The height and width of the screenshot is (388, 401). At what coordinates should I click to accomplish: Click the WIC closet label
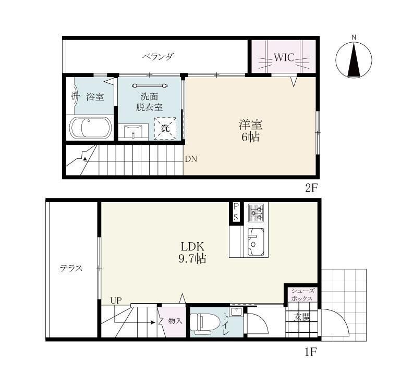tap(284, 57)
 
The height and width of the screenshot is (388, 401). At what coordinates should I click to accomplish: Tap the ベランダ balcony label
tap(159, 56)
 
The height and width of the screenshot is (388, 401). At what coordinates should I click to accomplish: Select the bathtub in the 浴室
tap(91, 128)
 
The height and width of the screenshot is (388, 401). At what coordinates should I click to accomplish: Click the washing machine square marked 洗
tap(165, 128)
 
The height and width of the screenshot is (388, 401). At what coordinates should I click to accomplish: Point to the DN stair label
tap(191, 159)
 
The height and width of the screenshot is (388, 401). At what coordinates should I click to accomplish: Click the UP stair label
tap(116, 301)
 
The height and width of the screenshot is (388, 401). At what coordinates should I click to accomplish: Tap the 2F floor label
tap(311, 188)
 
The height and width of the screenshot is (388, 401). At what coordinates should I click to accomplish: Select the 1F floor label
tap(311, 353)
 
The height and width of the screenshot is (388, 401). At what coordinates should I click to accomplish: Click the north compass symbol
tap(354, 59)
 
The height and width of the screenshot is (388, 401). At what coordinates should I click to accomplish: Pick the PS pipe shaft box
tap(236, 212)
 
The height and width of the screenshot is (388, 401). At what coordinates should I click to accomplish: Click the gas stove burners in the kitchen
tap(257, 212)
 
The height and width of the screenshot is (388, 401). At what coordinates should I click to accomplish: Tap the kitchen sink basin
tap(256, 242)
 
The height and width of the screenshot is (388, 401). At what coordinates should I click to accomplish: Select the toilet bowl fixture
tap(204, 323)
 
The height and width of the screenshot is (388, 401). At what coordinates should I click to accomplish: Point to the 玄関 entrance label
tap(301, 318)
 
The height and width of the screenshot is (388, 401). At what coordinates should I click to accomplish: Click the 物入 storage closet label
tap(175, 321)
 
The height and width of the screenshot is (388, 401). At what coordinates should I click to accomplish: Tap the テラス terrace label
tap(71, 268)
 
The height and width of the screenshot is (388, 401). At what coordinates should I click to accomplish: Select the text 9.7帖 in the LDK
tap(192, 259)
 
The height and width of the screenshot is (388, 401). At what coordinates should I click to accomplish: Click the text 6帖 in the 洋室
tap(251, 137)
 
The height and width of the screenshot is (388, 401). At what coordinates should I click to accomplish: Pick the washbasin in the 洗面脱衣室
tap(133, 132)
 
